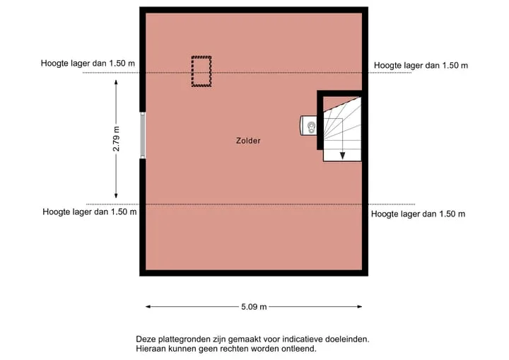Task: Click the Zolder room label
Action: pos(248,141)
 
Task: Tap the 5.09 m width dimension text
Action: pos(254,307)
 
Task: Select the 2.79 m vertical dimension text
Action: pos(116,139)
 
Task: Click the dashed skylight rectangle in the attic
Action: pos(201,71)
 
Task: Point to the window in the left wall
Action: pos(143,136)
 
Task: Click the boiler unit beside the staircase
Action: pos(308,126)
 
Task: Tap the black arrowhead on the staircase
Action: pos(342,156)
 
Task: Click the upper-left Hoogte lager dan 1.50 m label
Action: pos(88,63)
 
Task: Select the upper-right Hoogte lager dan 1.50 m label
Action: pos(421,65)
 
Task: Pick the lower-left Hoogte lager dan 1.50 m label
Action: pos(90,212)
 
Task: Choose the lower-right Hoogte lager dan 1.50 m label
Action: pos(418,214)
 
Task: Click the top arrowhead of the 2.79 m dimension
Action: pos(116,82)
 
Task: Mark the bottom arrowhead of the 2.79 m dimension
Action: pos(116,196)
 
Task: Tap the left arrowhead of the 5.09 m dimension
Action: pos(148,306)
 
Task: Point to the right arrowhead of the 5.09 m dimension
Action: pos(359,306)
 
